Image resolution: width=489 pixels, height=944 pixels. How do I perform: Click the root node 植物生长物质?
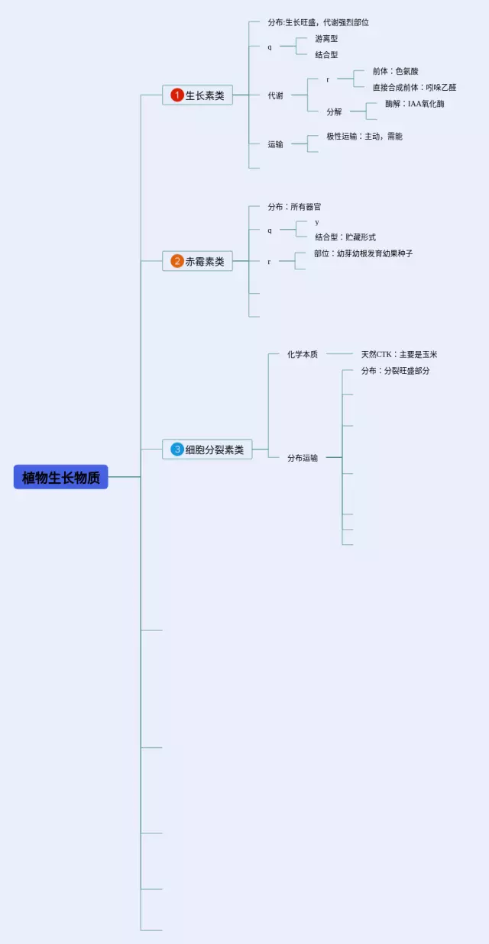point(61,477)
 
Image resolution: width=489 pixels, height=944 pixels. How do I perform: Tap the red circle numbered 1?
point(177,95)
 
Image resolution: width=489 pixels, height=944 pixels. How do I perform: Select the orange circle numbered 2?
point(177,261)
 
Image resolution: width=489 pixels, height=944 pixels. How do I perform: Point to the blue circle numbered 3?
point(177,449)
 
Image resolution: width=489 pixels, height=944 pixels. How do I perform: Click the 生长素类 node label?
point(206,95)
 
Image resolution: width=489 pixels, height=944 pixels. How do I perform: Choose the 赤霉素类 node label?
point(206,261)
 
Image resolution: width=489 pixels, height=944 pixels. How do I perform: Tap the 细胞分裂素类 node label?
point(215,449)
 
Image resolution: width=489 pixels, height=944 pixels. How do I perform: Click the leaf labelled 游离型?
point(326,38)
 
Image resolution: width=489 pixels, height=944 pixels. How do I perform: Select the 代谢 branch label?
point(275,95)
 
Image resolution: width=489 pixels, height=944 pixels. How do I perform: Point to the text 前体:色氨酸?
point(396,71)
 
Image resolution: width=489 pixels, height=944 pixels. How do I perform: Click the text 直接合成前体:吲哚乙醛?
point(414,87)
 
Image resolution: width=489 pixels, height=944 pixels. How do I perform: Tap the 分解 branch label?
point(334,111)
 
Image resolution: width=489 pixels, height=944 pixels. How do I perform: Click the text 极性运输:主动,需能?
point(364,136)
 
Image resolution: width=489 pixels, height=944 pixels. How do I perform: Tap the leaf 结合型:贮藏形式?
point(345,237)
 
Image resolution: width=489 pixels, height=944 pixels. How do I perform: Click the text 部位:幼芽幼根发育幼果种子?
point(363,253)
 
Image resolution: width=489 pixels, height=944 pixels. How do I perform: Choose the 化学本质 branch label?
point(303,354)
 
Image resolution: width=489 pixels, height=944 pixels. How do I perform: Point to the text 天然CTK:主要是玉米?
point(400,354)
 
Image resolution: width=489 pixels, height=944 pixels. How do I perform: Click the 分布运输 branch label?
point(303,458)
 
